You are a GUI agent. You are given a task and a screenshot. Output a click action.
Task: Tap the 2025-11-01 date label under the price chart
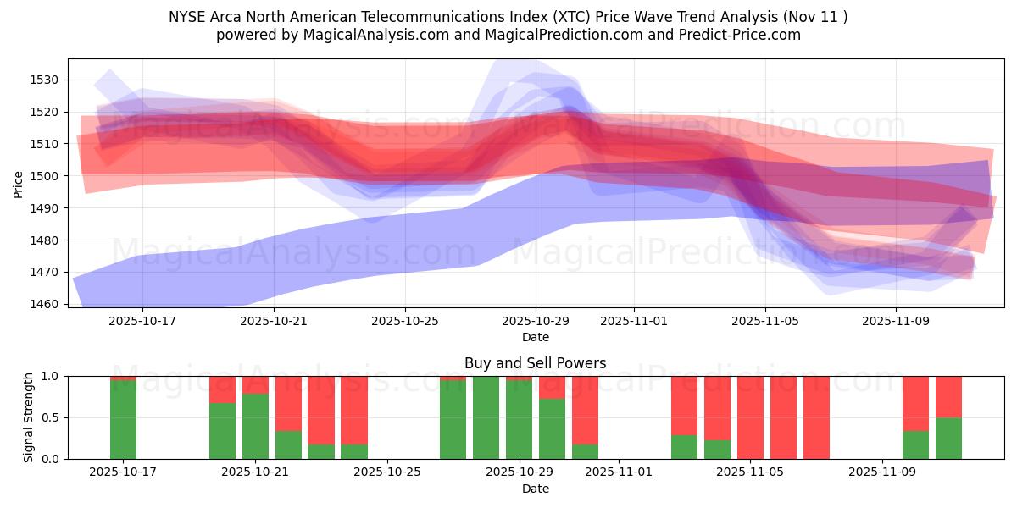pyautogui.click(x=634, y=322)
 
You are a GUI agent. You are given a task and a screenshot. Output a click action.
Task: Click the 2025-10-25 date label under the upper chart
pyautogui.click(x=404, y=322)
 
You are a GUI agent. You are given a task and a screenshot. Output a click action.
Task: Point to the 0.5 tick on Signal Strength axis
pyautogui.click(x=52, y=417)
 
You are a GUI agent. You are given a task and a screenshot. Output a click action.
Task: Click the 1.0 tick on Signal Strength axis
pyautogui.click(x=52, y=376)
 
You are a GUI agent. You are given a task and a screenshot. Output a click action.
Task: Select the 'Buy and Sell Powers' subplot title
pyautogui.click(x=535, y=363)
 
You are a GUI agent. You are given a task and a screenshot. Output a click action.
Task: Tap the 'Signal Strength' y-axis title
pyautogui.click(x=29, y=417)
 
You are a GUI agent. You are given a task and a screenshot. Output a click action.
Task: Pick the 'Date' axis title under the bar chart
pyautogui.click(x=535, y=489)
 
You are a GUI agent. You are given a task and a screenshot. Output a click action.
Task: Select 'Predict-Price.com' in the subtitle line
pyautogui.click(x=743, y=35)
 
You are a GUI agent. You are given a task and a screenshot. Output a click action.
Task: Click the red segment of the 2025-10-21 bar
pyautogui.click(x=255, y=384)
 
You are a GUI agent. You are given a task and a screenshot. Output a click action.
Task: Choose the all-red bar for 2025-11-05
pyautogui.click(x=750, y=417)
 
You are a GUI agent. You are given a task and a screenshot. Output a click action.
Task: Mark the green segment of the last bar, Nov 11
pyautogui.click(x=948, y=438)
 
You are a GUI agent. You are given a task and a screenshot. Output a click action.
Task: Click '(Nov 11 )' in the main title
pyautogui.click(x=814, y=16)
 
